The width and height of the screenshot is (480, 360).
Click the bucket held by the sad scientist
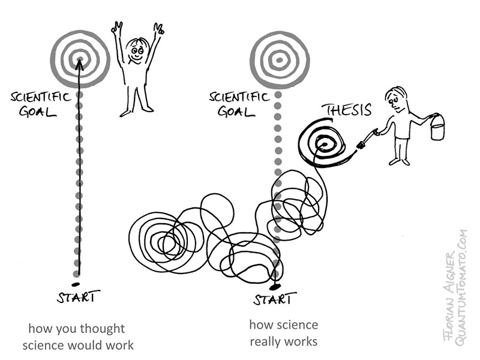(437, 128)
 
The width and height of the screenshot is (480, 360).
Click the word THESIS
(346, 110)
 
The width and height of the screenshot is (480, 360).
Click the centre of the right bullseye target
(279, 59)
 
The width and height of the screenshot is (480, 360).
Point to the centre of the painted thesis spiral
(325, 143)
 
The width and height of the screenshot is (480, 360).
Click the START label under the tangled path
(274, 298)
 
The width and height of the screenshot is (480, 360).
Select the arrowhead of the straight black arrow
(79, 63)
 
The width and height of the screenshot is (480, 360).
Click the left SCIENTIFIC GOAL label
(41, 104)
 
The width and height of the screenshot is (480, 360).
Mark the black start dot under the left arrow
(76, 283)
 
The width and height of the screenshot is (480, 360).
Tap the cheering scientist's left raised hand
(116, 28)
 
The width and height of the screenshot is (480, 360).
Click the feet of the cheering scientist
(137, 111)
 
